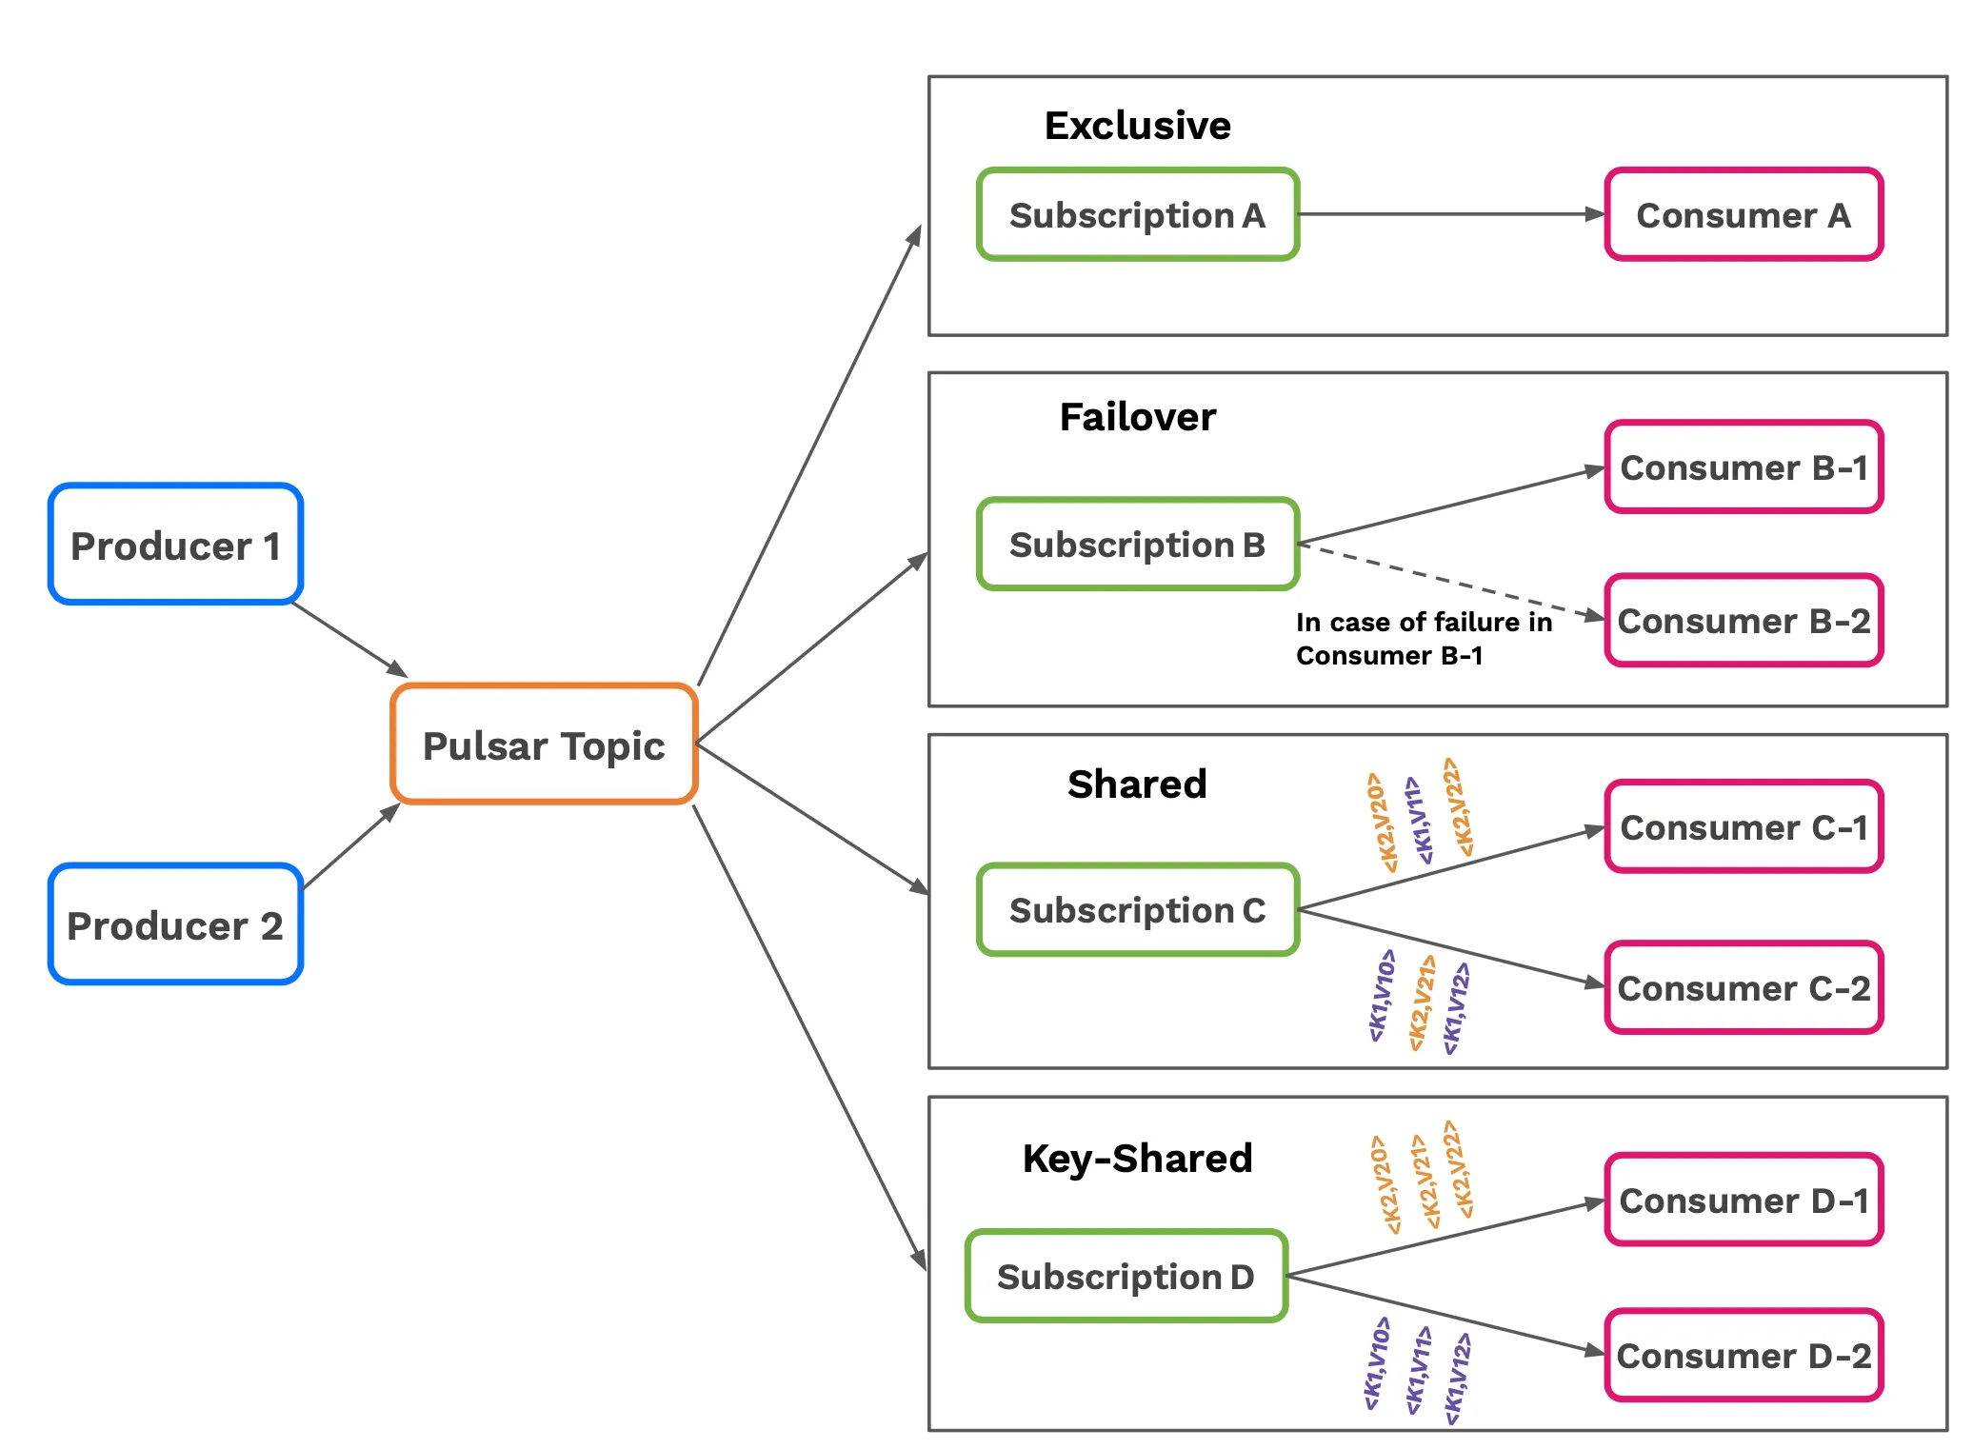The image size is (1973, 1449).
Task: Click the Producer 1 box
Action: (x=176, y=545)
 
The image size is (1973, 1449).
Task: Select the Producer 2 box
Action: (x=176, y=924)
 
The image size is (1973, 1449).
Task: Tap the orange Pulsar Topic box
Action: (x=544, y=744)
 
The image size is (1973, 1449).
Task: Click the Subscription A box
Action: (x=1138, y=215)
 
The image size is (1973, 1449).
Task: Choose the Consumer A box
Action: (x=1744, y=215)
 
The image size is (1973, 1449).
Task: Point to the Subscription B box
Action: (x=1138, y=545)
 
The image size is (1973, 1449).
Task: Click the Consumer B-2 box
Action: (x=1744, y=621)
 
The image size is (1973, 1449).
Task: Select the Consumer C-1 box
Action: (x=1744, y=827)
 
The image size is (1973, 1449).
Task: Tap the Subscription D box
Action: (x=1126, y=1277)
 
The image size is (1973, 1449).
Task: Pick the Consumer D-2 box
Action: (x=1744, y=1356)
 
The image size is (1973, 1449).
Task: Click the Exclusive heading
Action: (x=1137, y=126)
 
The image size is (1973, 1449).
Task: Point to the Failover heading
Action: (x=1137, y=417)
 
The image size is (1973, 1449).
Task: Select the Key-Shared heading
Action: (x=1137, y=1159)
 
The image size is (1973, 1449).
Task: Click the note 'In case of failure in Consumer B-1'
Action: (x=1423, y=639)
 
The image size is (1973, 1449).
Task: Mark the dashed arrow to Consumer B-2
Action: (x=1447, y=581)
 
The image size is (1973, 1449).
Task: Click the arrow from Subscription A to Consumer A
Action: (x=1447, y=215)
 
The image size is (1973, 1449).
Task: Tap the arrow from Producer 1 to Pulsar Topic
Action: (x=349, y=640)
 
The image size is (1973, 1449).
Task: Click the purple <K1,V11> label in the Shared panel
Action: (x=1418, y=820)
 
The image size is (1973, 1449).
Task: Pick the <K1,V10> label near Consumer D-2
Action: (x=1377, y=1363)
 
